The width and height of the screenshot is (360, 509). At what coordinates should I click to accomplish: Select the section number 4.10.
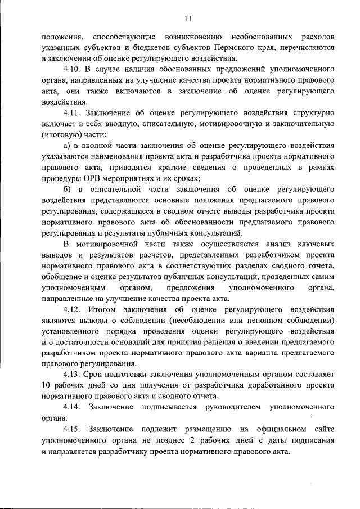(73, 70)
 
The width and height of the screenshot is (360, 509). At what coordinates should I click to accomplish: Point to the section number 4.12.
(74, 309)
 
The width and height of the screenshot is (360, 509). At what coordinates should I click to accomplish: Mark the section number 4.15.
(74, 429)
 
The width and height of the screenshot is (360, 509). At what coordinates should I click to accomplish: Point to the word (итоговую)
(61, 135)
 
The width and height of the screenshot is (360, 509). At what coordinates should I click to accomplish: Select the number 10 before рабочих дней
(46, 386)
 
